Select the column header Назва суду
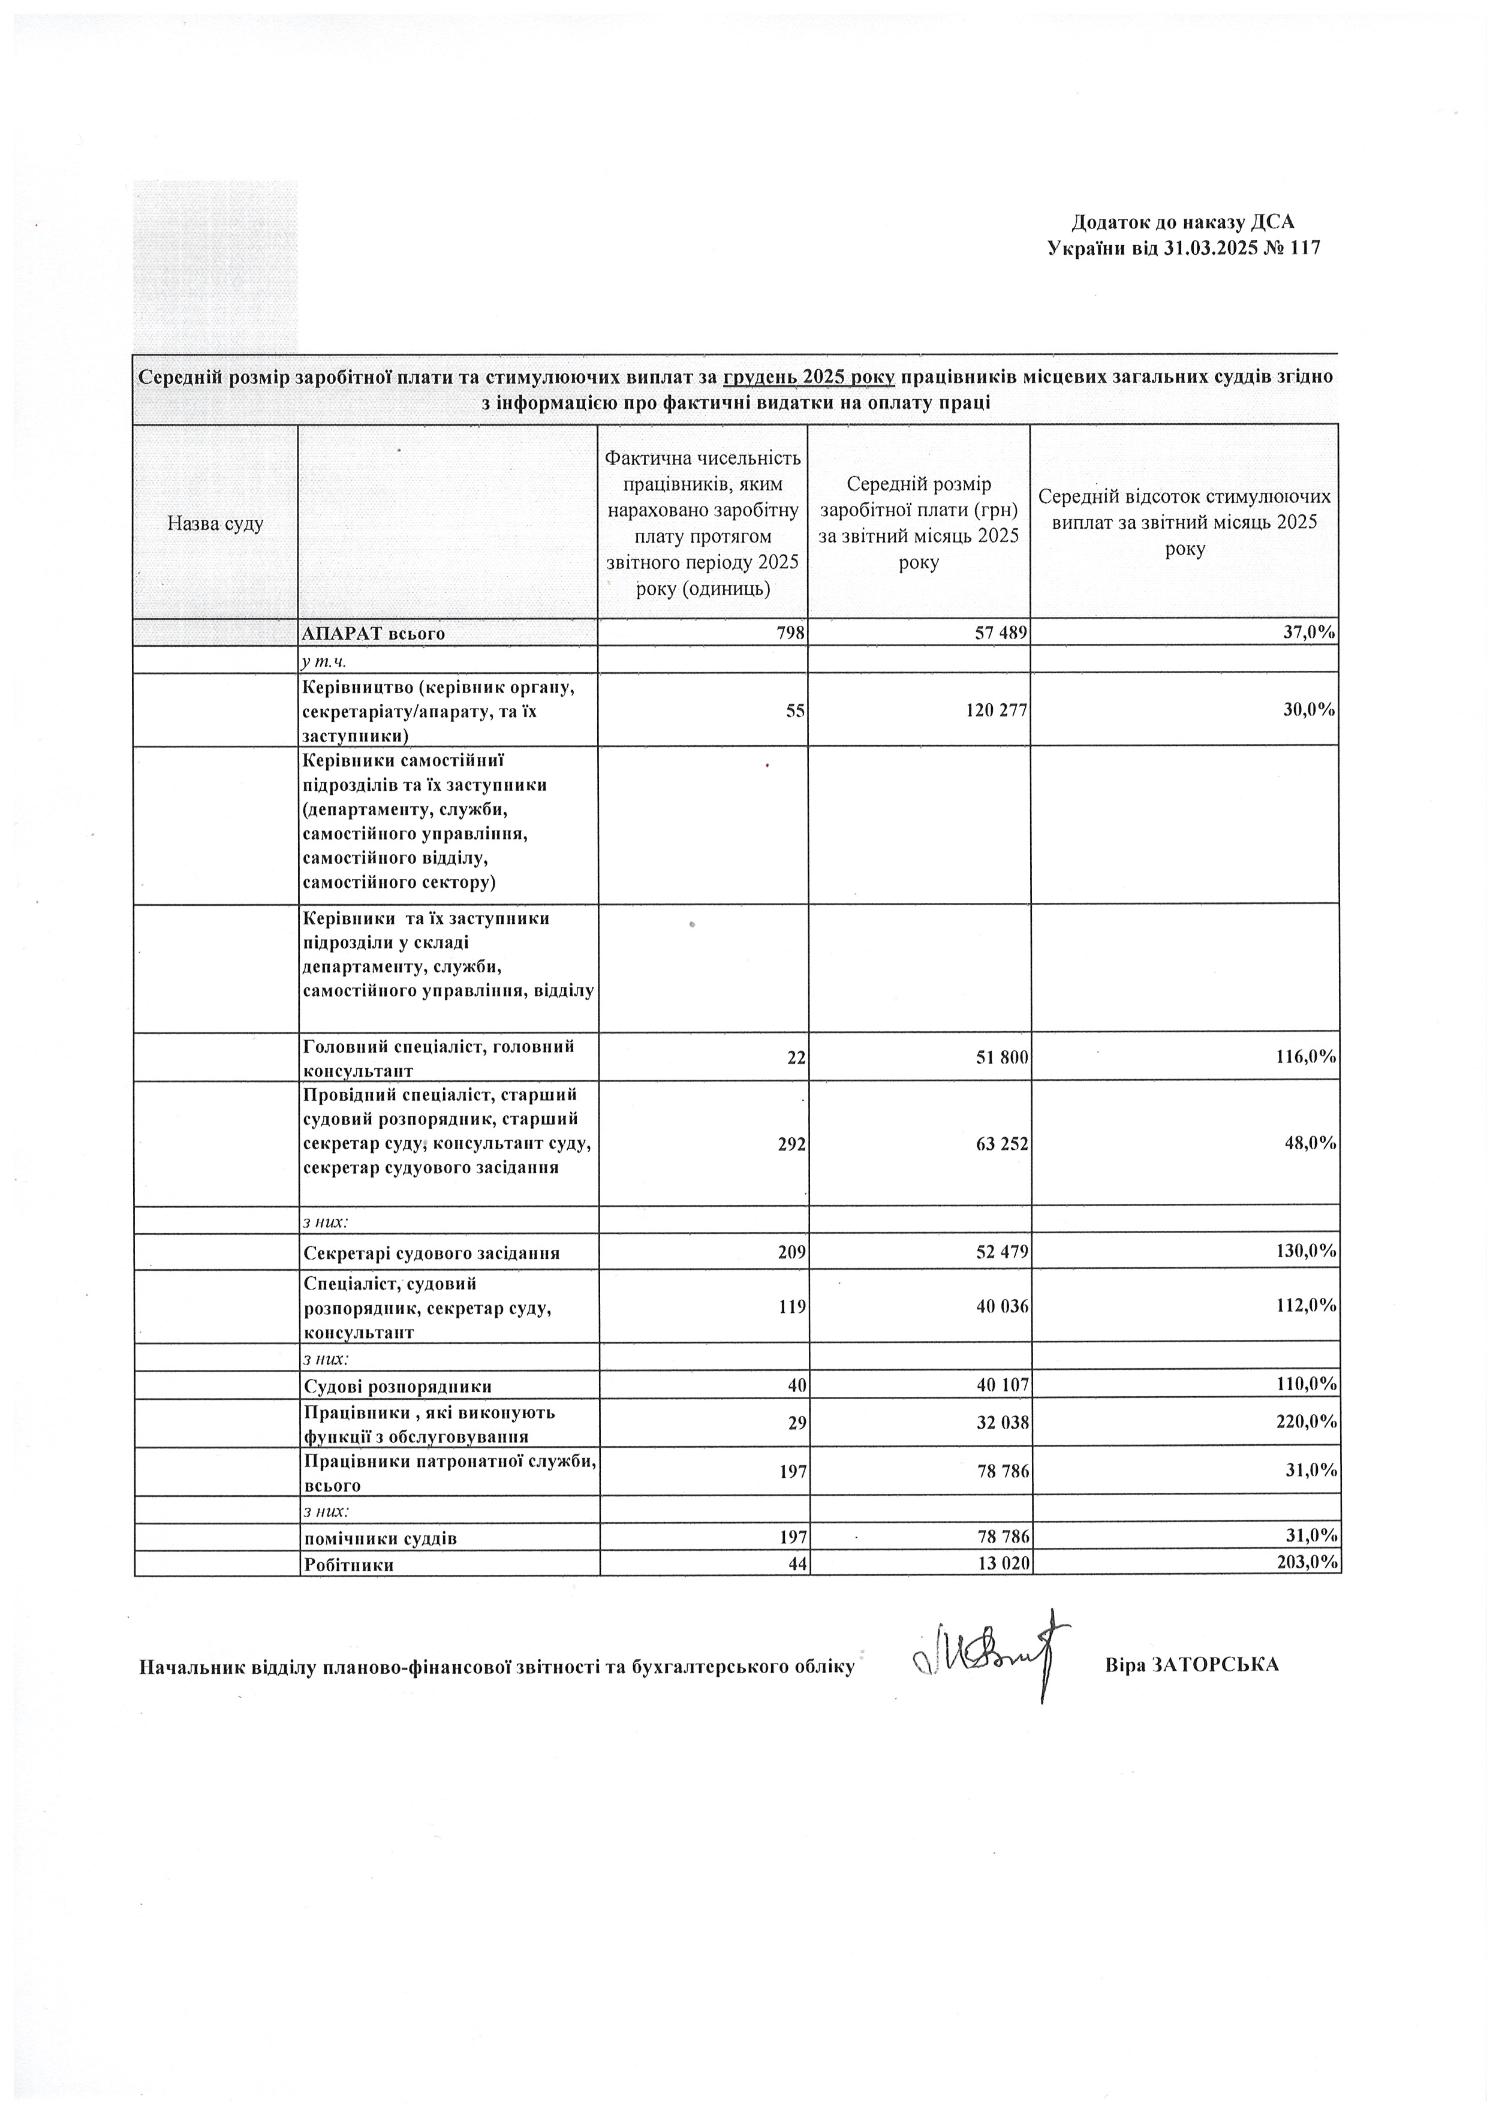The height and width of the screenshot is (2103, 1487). click(x=215, y=524)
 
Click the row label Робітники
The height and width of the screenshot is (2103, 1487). click(x=349, y=1565)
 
